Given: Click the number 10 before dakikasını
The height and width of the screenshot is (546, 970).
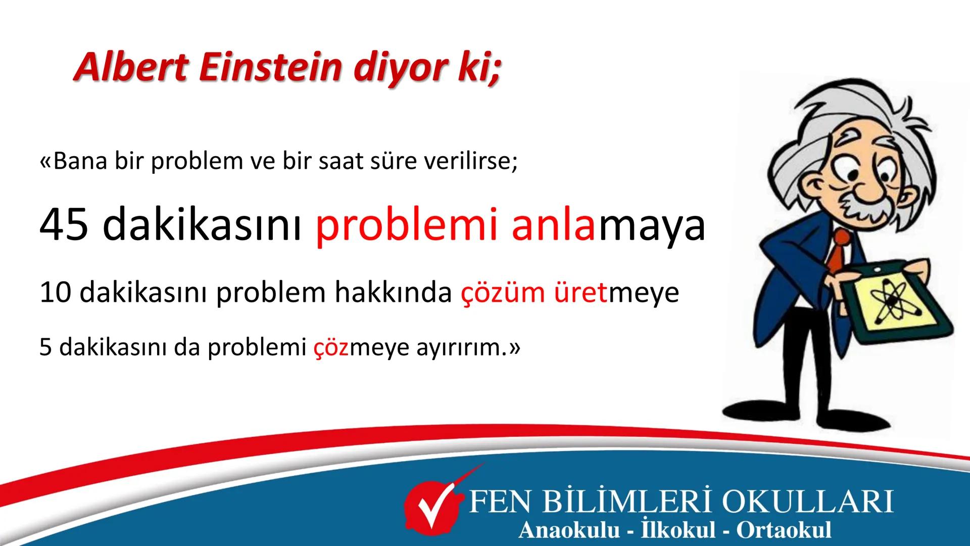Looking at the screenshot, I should click(56, 293).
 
